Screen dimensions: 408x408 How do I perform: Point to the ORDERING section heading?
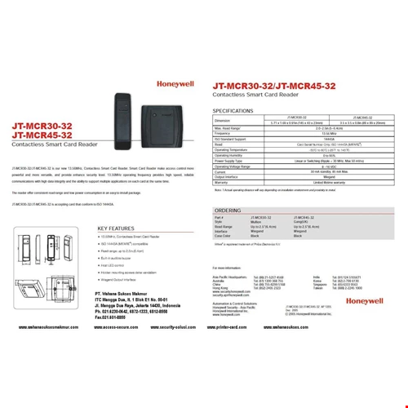228,210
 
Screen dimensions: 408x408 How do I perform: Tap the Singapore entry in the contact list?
319,284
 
